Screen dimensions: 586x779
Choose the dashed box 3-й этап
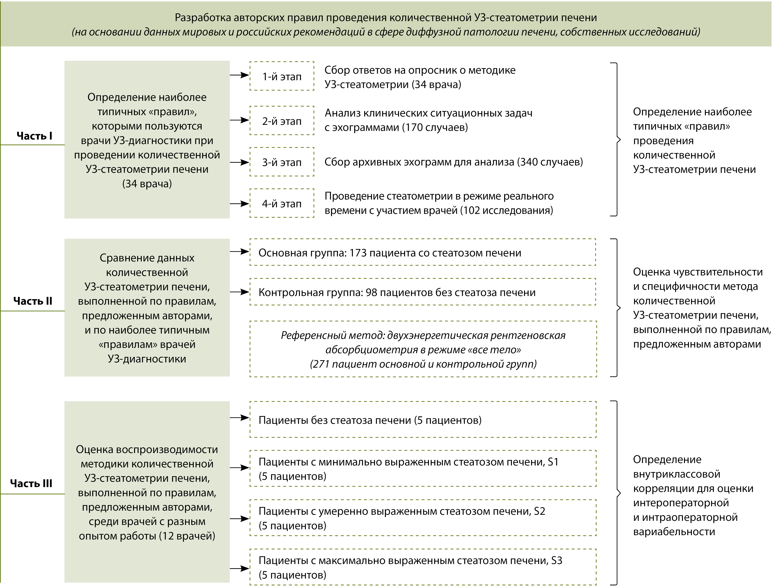tap(282, 162)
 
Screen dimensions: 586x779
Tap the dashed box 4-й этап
tap(282, 204)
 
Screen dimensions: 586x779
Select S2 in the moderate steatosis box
tap(540, 511)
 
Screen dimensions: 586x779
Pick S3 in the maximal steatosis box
tap(556, 561)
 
